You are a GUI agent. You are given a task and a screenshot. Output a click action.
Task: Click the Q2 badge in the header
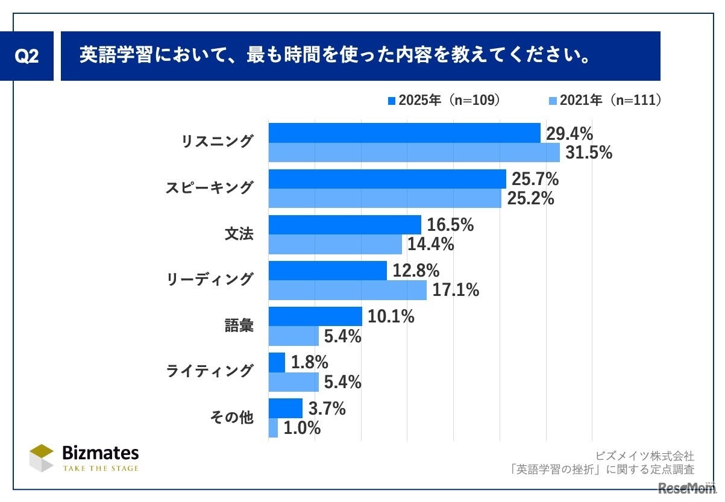(x=27, y=56)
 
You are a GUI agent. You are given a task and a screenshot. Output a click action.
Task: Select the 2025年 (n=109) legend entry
(x=445, y=101)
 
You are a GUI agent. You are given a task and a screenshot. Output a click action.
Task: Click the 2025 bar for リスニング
(x=404, y=133)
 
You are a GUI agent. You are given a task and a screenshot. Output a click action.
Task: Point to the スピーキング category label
(x=209, y=188)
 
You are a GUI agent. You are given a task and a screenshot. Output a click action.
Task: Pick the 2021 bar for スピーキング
(x=384, y=198)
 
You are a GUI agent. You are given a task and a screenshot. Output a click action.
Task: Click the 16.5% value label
(x=450, y=225)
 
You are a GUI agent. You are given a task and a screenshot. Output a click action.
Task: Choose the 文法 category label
(x=239, y=234)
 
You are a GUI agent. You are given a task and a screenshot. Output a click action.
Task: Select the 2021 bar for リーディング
(x=347, y=290)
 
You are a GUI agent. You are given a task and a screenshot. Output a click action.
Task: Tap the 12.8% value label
(x=416, y=271)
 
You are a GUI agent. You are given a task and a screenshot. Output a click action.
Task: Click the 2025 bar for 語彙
(x=315, y=316)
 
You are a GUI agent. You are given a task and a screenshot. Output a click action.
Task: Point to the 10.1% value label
(x=391, y=317)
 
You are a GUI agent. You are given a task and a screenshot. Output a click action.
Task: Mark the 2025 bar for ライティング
(x=277, y=362)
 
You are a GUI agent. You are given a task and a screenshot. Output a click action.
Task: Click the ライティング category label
(x=209, y=371)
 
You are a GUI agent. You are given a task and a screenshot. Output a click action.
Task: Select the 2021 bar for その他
(x=273, y=428)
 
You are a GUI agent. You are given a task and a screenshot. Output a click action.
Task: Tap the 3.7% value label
(x=326, y=409)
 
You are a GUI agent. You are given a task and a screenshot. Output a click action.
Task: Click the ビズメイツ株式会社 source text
(x=645, y=456)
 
